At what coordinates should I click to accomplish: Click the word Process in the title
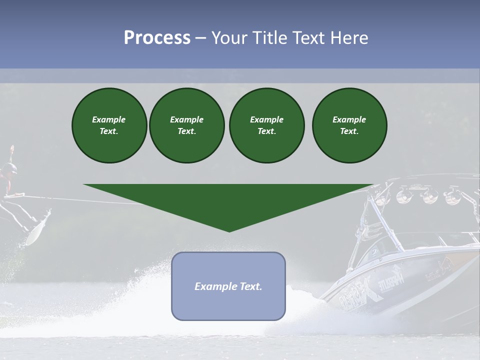(157, 38)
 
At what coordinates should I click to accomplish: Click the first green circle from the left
(109, 125)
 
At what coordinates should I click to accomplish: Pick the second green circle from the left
(186, 125)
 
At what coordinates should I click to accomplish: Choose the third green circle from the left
(266, 125)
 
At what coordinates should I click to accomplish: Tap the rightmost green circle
(349, 125)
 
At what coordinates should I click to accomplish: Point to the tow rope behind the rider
(100, 201)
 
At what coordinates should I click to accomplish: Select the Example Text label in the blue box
(228, 286)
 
